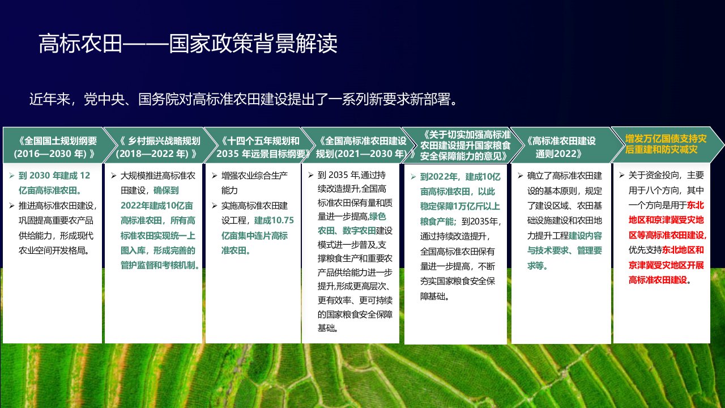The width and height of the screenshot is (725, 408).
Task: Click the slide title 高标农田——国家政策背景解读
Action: click(x=188, y=44)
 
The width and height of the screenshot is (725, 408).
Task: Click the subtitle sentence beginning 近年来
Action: click(x=244, y=99)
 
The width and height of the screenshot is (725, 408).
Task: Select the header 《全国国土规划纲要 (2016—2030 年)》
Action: click(x=56, y=147)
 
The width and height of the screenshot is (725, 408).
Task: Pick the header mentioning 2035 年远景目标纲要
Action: click(x=261, y=147)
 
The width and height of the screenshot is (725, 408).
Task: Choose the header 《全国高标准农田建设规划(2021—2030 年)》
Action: click(x=362, y=147)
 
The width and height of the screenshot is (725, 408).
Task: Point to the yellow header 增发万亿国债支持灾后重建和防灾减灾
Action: click(x=666, y=144)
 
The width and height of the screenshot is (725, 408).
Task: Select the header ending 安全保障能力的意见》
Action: click(x=466, y=146)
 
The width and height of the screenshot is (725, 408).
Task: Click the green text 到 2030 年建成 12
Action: click(x=54, y=176)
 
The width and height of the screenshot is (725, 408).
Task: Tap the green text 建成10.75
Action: click(x=274, y=220)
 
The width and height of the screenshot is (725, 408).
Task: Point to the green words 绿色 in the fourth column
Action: click(x=377, y=216)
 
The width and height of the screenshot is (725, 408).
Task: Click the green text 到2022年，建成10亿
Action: click(x=460, y=177)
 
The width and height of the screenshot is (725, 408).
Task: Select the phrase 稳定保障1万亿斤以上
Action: click(x=460, y=206)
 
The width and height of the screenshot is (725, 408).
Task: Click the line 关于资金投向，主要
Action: click(x=666, y=175)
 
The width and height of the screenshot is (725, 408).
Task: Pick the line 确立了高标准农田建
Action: click(x=565, y=176)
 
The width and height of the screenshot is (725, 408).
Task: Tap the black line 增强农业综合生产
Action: click(x=254, y=176)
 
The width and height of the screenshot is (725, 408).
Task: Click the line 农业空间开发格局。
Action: click(x=54, y=250)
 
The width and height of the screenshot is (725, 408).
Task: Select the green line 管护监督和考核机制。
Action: click(x=160, y=265)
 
